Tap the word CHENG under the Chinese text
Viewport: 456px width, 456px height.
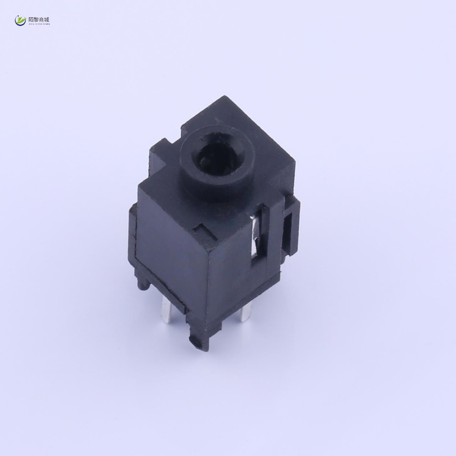46,24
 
